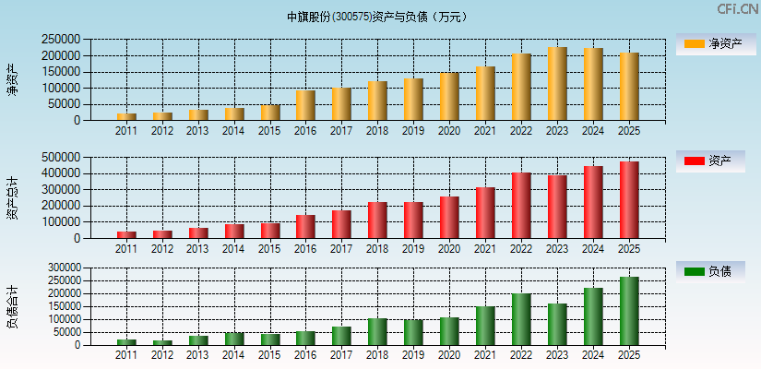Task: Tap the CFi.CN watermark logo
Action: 737,9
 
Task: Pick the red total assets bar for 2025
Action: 629,200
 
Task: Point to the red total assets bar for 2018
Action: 377,220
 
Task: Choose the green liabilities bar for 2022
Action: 521,319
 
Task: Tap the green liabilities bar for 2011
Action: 126,342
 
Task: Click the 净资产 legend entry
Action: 716,44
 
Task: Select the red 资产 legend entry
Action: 716,161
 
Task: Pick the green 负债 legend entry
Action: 716,271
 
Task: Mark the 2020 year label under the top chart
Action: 449,131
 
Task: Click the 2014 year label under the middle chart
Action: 233,249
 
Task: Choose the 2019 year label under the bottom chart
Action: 413,355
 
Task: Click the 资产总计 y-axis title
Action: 13,198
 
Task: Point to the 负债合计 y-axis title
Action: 13,307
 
